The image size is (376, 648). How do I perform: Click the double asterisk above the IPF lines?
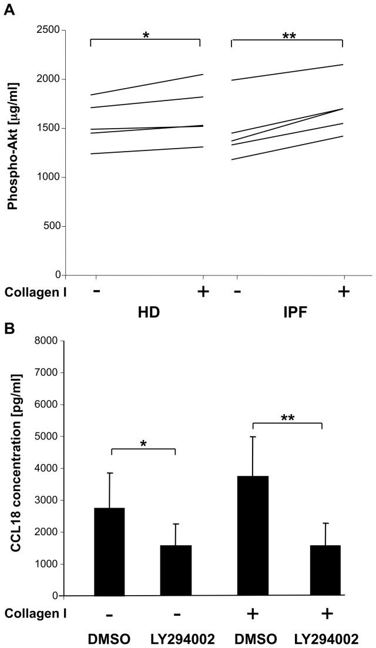(289, 36)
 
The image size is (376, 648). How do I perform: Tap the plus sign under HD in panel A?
(203, 291)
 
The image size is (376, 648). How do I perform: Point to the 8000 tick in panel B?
(46, 341)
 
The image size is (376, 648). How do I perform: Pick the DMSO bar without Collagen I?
(110, 552)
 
